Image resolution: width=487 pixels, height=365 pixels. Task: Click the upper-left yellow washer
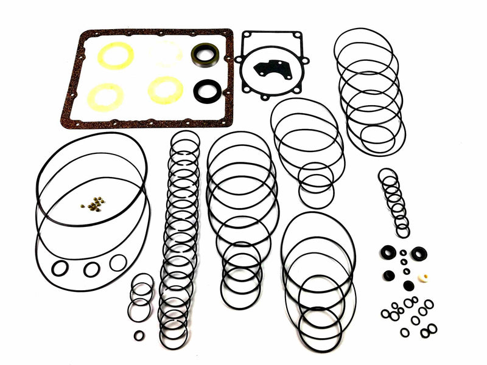114,57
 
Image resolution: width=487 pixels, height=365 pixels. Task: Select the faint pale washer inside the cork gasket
165,54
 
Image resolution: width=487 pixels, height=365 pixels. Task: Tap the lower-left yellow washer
105,97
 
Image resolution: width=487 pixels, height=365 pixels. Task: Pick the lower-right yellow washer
165,90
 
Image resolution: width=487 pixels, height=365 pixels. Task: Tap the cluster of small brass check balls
94,204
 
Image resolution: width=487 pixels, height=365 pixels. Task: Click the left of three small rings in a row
59,268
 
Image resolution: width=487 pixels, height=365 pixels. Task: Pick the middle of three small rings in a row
92,269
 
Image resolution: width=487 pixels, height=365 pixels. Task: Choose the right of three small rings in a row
118,263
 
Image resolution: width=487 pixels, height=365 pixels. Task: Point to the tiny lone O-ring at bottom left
139,335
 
